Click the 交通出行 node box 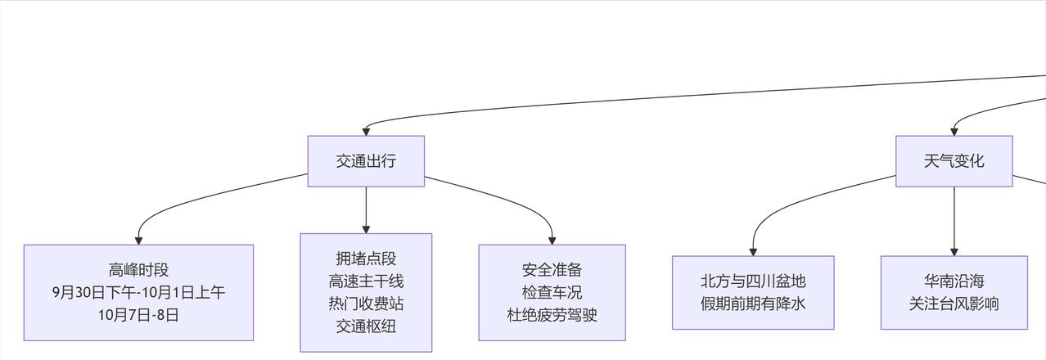[366, 161]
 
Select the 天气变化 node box [954, 161]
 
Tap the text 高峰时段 [138, 270]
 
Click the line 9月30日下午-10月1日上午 [138, 292]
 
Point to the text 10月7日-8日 [138, 314]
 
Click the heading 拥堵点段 [366, 259]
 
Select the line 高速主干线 [366, 281]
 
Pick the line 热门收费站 [366, 304]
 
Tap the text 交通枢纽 [366, 326]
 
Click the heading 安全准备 [552, 270]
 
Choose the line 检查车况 [552, 292]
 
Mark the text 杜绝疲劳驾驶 [552, 314]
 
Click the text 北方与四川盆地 [753, 281]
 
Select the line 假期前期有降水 [753, 304]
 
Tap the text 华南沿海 [954, 281]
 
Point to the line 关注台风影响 [954, 304]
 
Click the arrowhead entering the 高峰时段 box [138, 240]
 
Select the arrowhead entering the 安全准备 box [552, 240]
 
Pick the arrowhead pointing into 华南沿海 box [954, 251]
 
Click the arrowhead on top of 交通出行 [366, 131]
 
